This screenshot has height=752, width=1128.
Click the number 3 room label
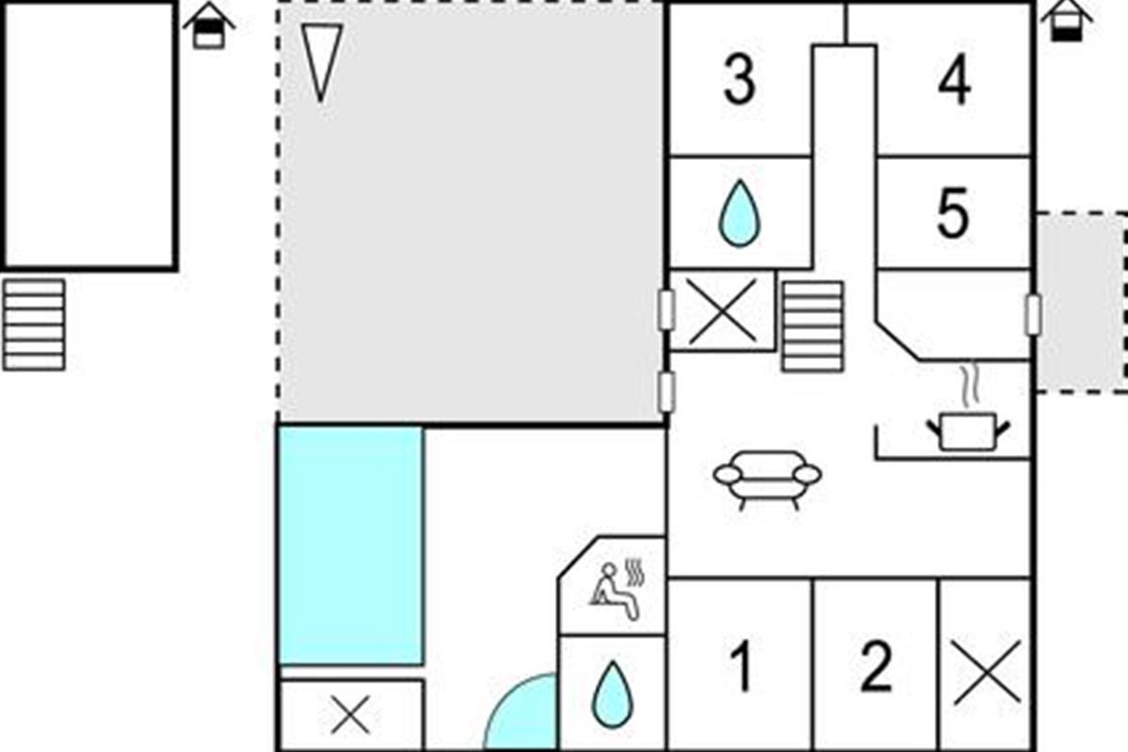[739, 80]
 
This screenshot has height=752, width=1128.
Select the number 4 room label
[955, 80]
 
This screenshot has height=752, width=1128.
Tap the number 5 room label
[953, 212]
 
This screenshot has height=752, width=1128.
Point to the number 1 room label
[743, 666]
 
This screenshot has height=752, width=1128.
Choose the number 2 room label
[876, 666]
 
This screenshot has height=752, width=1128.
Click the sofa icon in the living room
[767, 479]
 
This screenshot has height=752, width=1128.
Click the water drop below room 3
[739, 213]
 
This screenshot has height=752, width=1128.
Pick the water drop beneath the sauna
[612, 695]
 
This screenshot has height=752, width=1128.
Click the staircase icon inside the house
[812, 326]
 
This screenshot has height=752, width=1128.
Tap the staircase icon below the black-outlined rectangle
[34, 325]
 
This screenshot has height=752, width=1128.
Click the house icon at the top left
[209, 26]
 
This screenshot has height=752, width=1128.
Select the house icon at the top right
[1067, 22]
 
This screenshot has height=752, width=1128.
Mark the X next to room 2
[988, 672]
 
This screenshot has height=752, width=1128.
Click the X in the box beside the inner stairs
[723, 312]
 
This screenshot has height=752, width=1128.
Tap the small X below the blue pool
[351, 714]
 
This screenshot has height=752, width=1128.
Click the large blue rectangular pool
[351, 545]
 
